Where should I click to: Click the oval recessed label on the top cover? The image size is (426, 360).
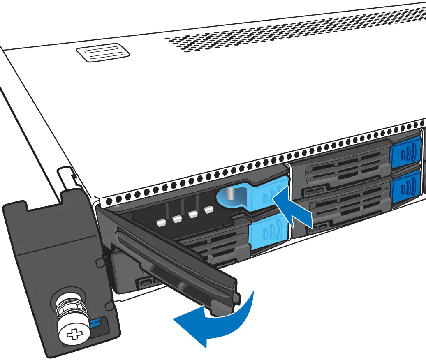point(103,53)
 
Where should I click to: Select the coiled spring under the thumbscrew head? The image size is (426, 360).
point(70,315)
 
